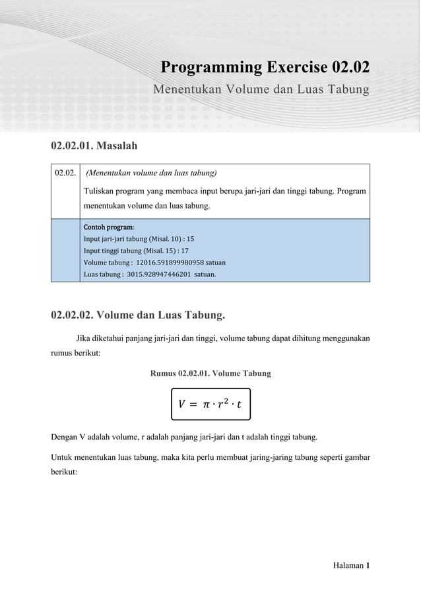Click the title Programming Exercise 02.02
coord(265,67)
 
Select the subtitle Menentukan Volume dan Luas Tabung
coord(261,89)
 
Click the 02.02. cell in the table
coord(65,173)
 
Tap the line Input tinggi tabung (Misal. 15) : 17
coord(136,251)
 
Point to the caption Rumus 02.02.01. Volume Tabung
coord(210,373)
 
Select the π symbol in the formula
coord(206,402)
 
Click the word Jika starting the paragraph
coord(84,339)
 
